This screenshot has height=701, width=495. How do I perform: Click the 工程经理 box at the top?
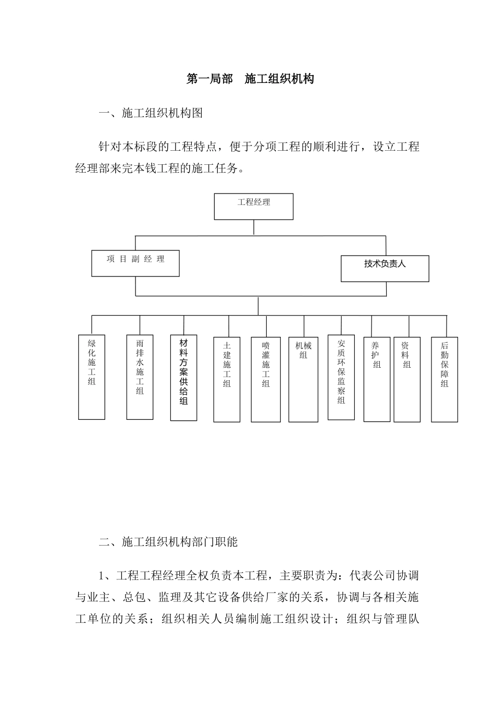coord(254,207)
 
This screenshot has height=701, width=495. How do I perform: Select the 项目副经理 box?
coord(135,263)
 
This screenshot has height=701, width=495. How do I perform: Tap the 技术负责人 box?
coord(385,269)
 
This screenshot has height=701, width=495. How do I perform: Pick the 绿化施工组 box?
coord(92,377)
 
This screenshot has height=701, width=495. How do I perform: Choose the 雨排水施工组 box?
coord(140,377)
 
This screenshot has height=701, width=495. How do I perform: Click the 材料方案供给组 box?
coord(183,378)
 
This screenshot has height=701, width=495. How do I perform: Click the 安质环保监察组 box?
coord(341,377)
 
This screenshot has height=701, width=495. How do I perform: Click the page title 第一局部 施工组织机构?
coord(250,79)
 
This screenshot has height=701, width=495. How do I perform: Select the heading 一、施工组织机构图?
coord(151,113)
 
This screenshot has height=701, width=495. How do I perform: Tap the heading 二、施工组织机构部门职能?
coord(168,542)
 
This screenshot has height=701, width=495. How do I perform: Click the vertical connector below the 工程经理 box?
coord(254,227)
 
